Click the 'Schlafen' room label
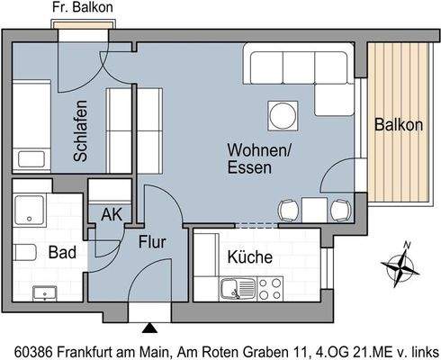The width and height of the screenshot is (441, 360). [x=81, y=130]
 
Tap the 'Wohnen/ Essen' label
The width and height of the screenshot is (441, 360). [x=259, y=159]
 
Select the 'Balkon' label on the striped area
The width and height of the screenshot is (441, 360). [x=399, y=125]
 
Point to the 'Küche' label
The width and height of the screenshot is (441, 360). [x=249, y=257]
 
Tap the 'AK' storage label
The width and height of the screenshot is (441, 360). [x=112, y=215]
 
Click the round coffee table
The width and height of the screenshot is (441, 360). [x=282, y=115]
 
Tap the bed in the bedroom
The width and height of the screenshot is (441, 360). [x=33, y=125]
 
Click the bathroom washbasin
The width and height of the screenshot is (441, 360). [x=42, y=292]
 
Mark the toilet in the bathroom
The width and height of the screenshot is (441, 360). [x=25, y=251]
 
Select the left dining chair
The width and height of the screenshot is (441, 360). [x=288, y=211]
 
